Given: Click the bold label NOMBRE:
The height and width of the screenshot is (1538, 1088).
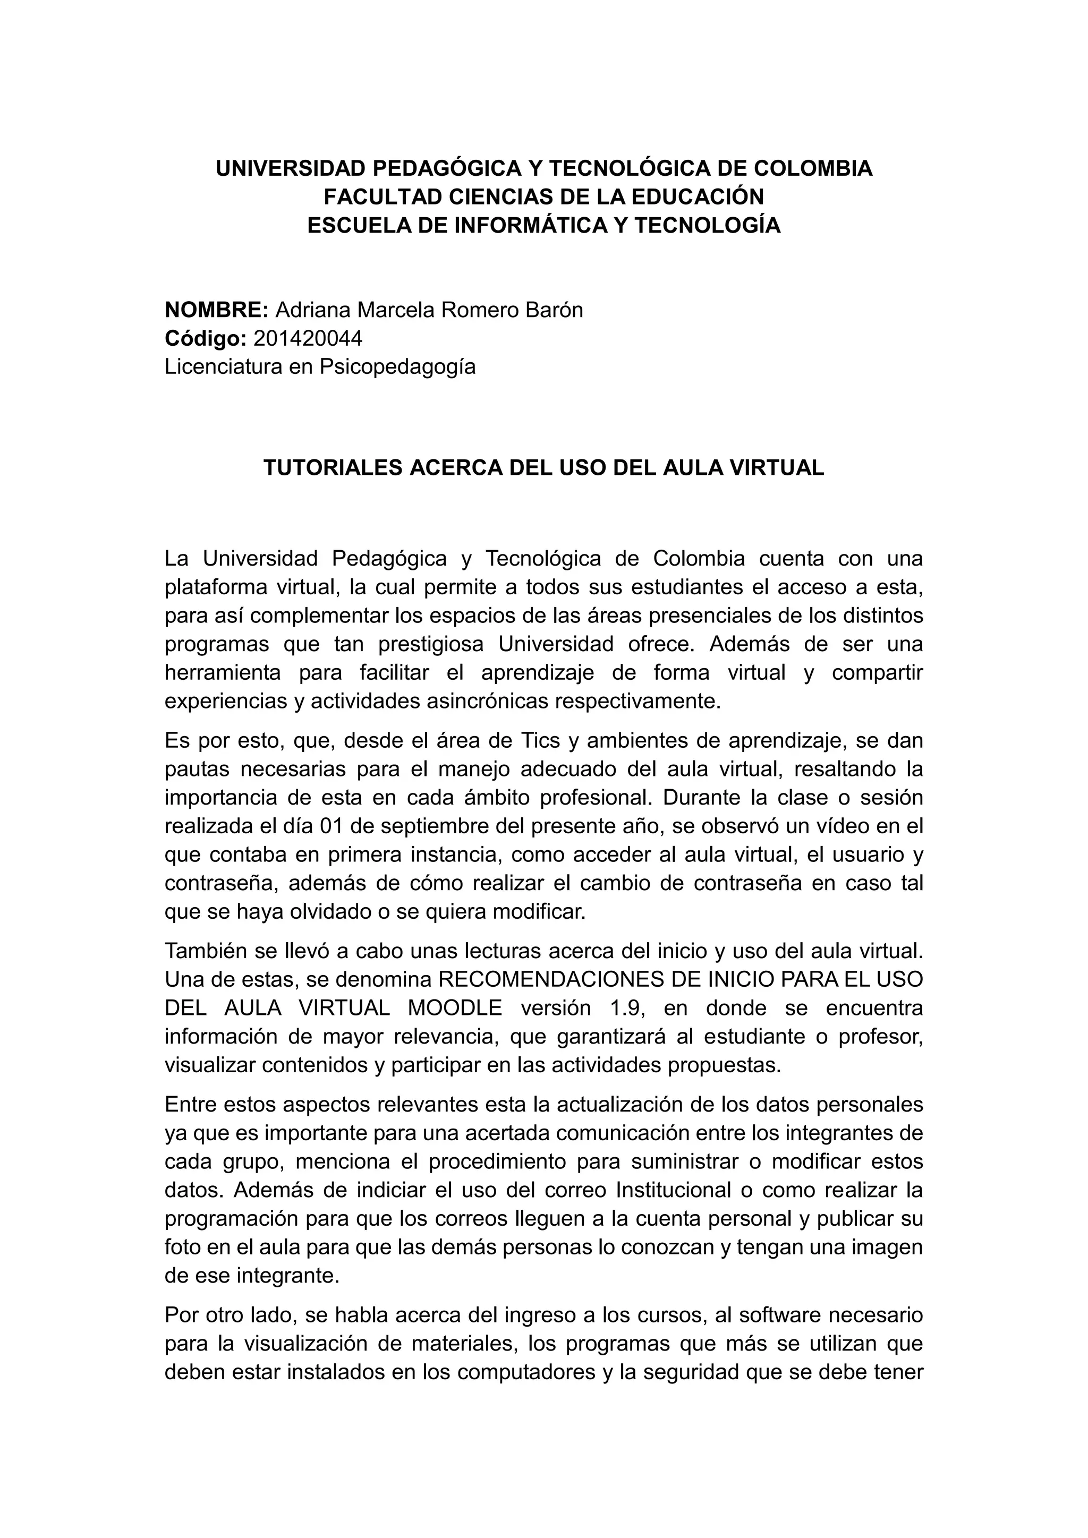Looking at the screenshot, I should [x=216, y=310].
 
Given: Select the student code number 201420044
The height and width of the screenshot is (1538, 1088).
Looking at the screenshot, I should [x=308, y=339].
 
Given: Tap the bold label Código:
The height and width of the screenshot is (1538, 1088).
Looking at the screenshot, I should [x=206, y=339].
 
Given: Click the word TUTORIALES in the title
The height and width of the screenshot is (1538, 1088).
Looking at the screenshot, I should [x=332, y=467].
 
